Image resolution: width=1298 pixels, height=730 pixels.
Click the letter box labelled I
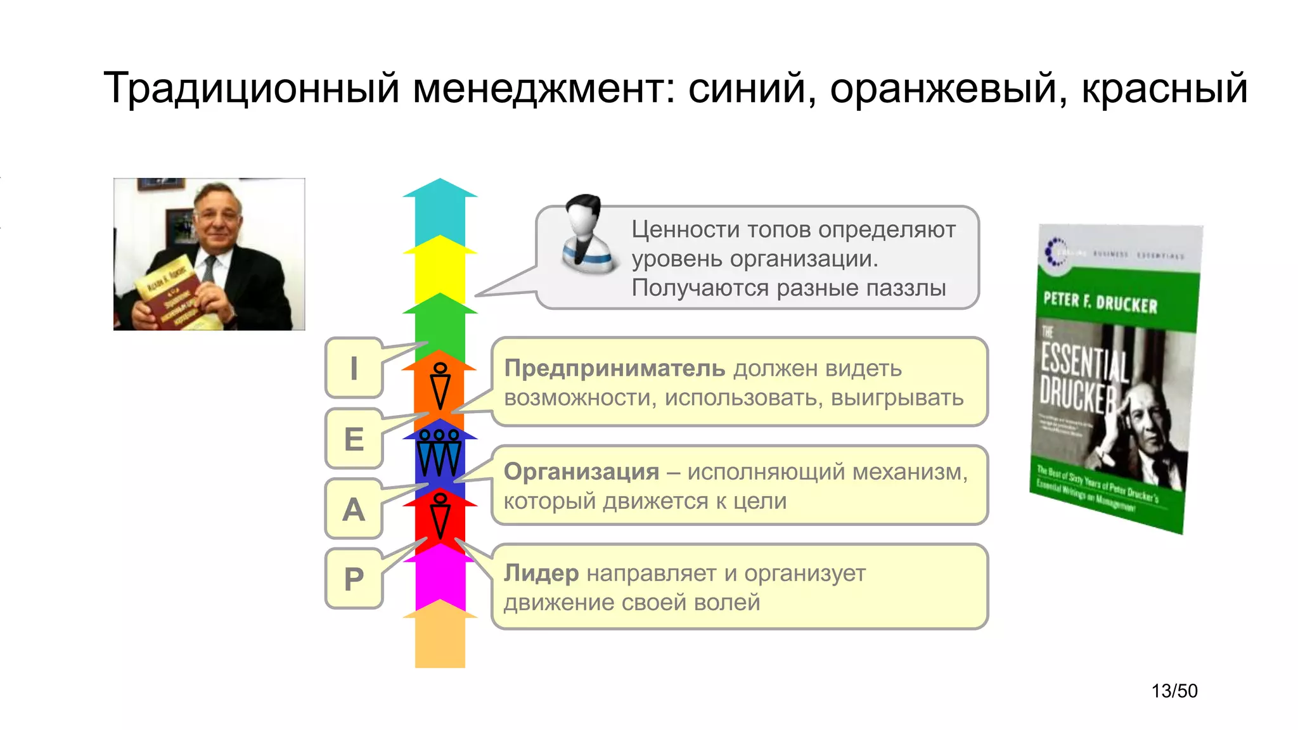pyautogui.click(x=354, y=368)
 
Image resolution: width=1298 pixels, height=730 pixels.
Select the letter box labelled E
pyautogui.click(x=354, y=439)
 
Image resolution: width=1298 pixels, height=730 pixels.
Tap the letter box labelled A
pyautogui.click(x=354, y=509)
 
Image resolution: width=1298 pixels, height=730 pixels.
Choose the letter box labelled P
pyautogui.click(x=354, y=579)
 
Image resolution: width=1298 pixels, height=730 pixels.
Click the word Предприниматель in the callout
pyautogui.click(x=614, y=368)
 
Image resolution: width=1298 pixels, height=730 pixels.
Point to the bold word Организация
pyautogui.click(x=581, y=471)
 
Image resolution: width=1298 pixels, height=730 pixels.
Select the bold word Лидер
pyautogui.click(x=541, y=573)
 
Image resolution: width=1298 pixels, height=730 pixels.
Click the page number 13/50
pyautogui.click(x=1174, y=691)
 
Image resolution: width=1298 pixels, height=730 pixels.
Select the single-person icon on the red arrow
pyautogui.click(x=440, y=515)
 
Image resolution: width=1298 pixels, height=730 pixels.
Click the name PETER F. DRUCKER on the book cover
pyautogui.click(x=1100, y=303)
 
